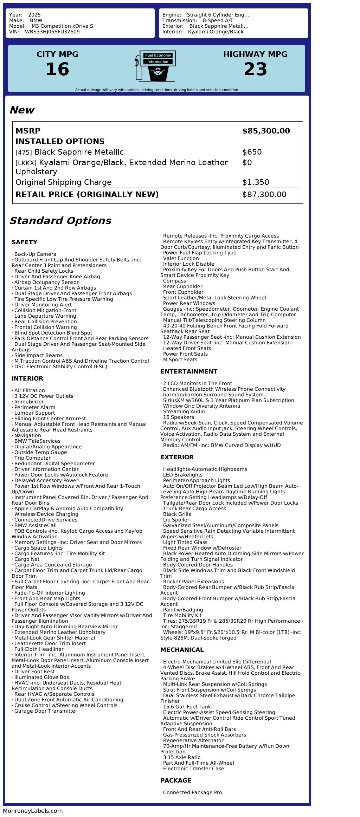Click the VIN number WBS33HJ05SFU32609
tap(52, 32)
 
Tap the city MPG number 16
tap(57, 69)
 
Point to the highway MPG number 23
tap(255, 69)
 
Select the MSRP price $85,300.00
tap(266, 131)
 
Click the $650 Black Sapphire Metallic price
tap(252, 152)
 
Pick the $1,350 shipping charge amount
tap(255, 182)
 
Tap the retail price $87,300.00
tap(264, 195)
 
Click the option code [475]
tap(24, 153)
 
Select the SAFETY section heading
tap(24, 242)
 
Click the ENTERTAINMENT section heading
tap(188, 371)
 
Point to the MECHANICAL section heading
tap(182, 650)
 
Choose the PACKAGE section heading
tap(175, 780)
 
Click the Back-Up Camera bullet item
tap(35, 254)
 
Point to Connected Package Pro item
tap(192, 792)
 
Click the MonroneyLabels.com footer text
tap(33, 811)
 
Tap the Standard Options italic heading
tap(60, 221)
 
